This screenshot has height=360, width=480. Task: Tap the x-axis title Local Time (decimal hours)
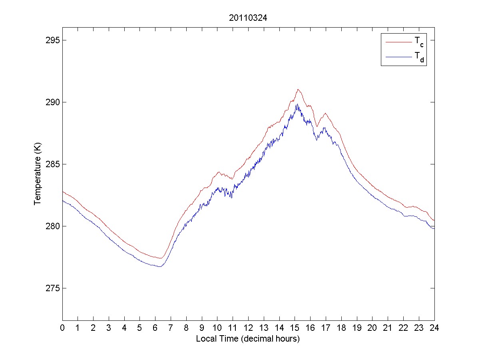[248, 339]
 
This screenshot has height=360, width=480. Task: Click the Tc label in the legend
[418, 41]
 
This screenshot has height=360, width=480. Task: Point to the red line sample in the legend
[398, 42]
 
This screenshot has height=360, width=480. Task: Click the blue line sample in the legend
[398, 57]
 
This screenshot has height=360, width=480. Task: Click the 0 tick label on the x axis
[62, 328]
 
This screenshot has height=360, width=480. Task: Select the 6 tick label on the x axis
[155, 328]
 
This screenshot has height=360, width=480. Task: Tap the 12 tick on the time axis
[248, 328]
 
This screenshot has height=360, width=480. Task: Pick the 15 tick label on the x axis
[295, 328]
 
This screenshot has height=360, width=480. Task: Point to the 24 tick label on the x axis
[434, 328]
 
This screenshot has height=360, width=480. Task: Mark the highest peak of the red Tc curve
[298, 89]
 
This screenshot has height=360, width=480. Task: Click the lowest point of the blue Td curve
[159, 266]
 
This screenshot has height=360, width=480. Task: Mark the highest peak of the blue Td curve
[297, 104]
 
